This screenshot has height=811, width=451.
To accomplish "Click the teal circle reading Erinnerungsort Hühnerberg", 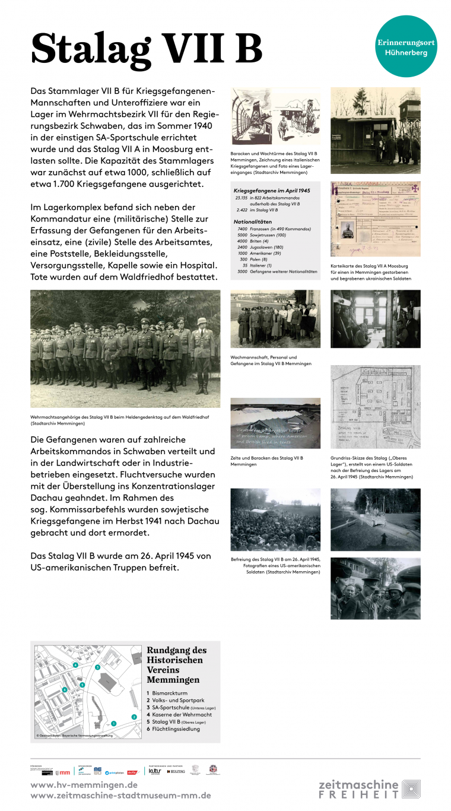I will coord(406,46).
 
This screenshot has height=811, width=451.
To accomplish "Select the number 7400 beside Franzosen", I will coord(242,229).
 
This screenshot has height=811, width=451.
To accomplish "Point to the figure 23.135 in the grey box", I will coord(241,198).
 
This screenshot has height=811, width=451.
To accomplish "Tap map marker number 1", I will coord(113,723).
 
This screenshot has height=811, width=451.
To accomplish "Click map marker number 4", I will coord(75,665).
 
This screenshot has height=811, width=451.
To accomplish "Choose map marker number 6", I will coord(64,690).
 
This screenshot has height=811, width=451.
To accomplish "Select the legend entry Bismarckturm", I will coord(169,693).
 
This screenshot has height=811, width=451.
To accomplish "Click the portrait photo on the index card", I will coord(348,230).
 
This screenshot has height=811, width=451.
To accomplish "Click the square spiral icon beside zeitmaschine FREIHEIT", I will coord(411,789).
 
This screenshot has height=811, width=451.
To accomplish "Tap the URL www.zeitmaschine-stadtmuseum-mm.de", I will coord(120,796).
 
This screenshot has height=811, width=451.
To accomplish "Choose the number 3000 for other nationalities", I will coord(242,271).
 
